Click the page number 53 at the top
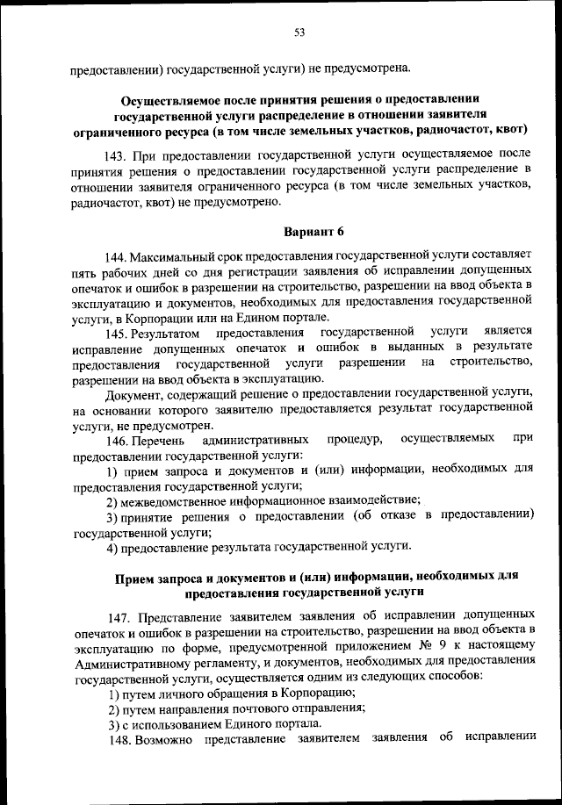tap(299, 32)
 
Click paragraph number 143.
tap(117, 155)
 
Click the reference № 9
tap(428, 649)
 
